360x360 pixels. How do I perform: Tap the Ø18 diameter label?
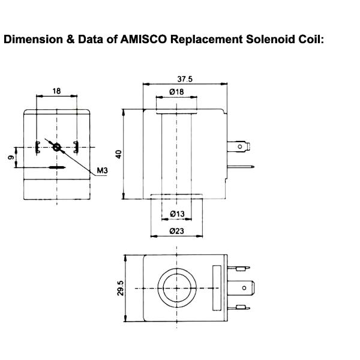tap(176, 92)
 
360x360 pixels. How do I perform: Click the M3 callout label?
tap(102, 172)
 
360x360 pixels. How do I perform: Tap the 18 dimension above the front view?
tap(56, 91)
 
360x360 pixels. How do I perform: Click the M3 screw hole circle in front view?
tap(57, 147)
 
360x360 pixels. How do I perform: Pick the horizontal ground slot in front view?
tap(57, 167)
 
